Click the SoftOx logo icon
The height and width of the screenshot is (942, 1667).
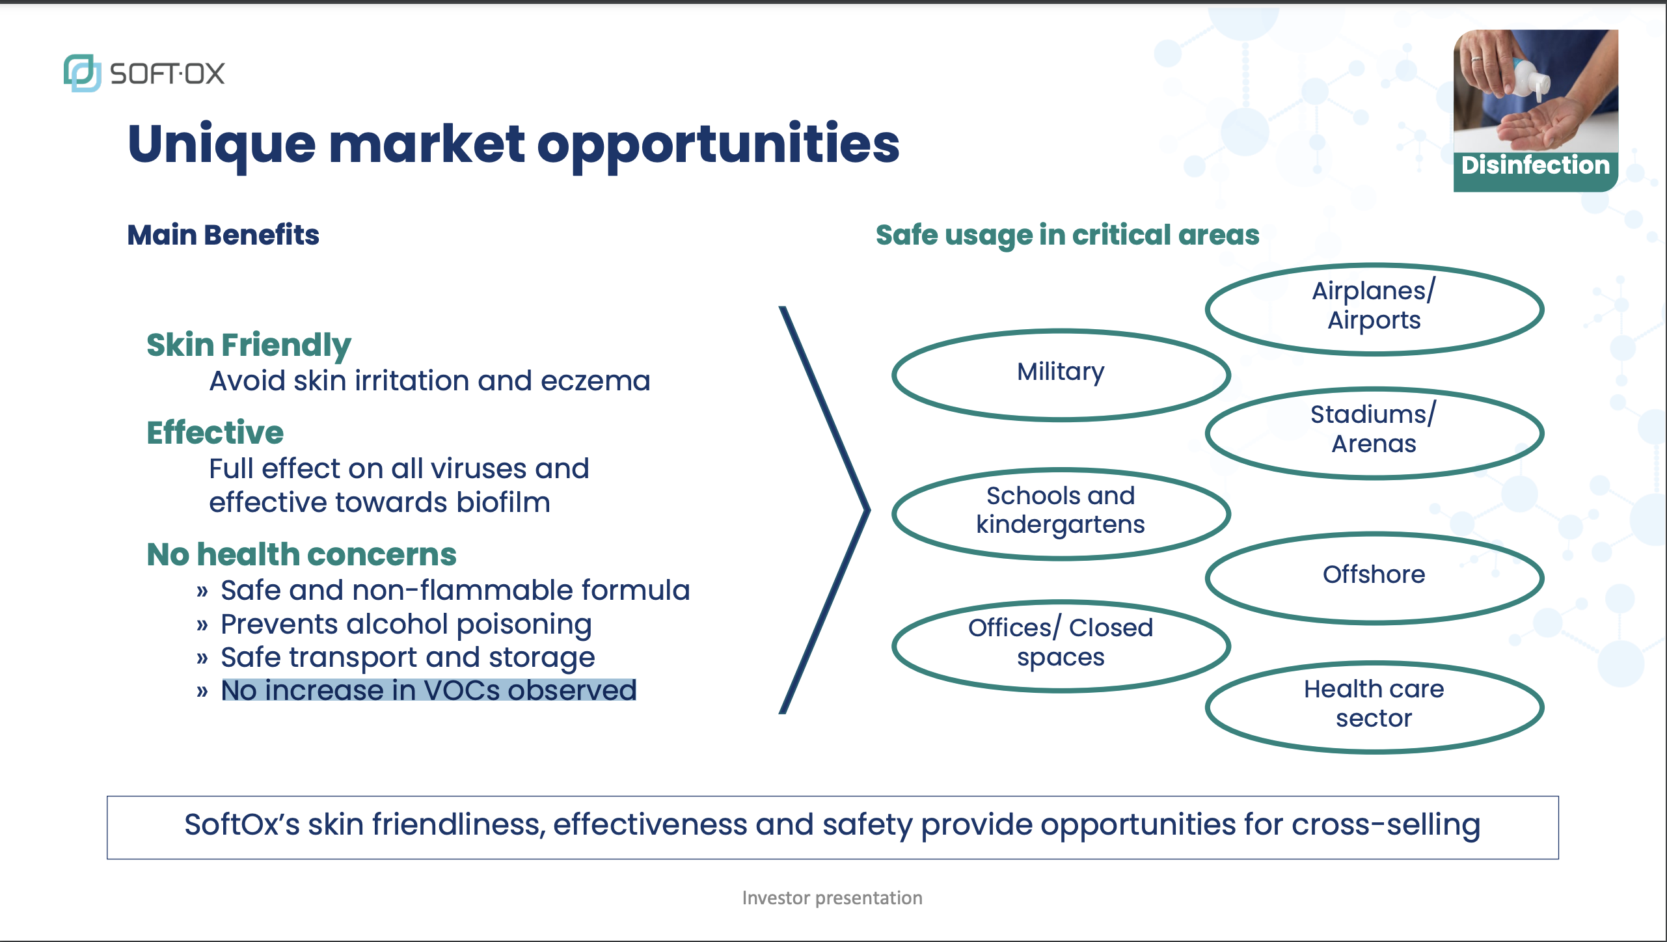(82, 73)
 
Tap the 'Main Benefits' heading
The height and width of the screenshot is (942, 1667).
(223, 235)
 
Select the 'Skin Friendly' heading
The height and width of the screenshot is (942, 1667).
(249, 345)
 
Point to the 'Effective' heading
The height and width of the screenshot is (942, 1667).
(215, 433)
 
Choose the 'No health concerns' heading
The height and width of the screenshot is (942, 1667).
(301, 555)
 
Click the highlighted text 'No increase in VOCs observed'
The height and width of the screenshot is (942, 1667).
(429, 690)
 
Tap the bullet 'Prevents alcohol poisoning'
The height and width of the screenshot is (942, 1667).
(406, 624)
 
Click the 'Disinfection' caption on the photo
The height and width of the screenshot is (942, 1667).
(1536, 165)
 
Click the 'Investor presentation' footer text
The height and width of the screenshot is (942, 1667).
(832, 898)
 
